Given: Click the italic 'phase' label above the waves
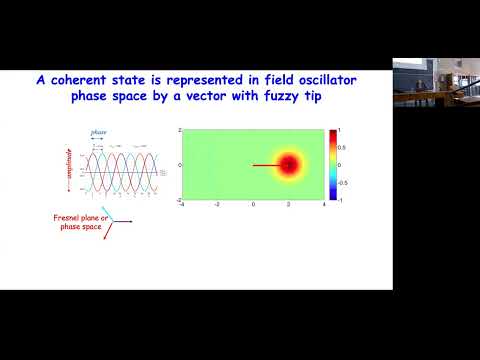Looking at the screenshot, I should (x=98, y=130).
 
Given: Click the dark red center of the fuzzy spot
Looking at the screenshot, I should (x=289, y=165).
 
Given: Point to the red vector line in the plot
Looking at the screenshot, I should (x=268, y=165).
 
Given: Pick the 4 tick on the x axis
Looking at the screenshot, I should (x=324, y=205).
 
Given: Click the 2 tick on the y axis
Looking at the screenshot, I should (x=176, y=131).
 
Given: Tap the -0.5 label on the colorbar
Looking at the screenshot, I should (x=346, y=182).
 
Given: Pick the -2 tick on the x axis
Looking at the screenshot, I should (x=217, y=205).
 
